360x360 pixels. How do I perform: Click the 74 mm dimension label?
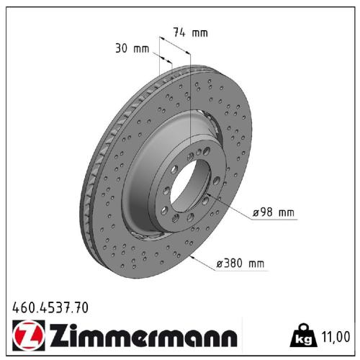click(x=190, y=32)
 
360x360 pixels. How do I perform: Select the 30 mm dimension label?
click(x=131, y=50)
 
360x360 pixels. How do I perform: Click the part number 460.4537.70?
click(x=50, y=308)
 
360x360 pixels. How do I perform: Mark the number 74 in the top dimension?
click(x=180, y=32)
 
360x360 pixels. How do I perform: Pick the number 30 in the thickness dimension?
click(x=121, y=50)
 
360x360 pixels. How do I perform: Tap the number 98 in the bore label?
click(x=265, y=214)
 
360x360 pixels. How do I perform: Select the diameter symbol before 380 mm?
click(x=220, y=264)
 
